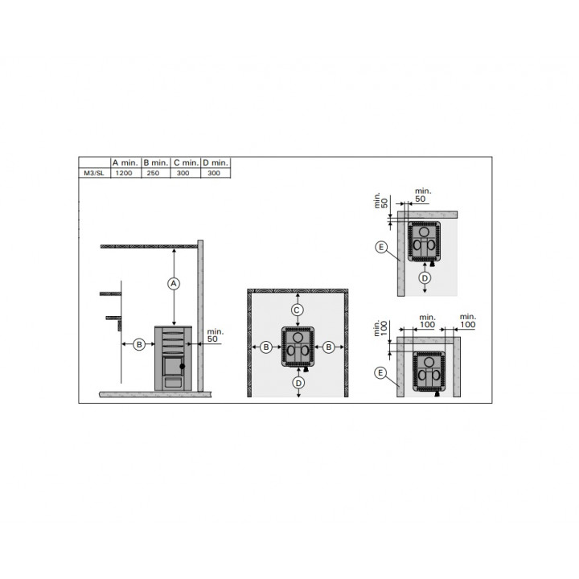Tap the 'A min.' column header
tap(125, 162)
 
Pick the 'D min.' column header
tap(216, 162)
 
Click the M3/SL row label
tap(95, 173)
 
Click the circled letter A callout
tap(174, 284)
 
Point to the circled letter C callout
tap(298, 310)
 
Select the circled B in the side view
tap(139, 344)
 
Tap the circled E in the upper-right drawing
tap(381, 247)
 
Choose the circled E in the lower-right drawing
tap(380, 373)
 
